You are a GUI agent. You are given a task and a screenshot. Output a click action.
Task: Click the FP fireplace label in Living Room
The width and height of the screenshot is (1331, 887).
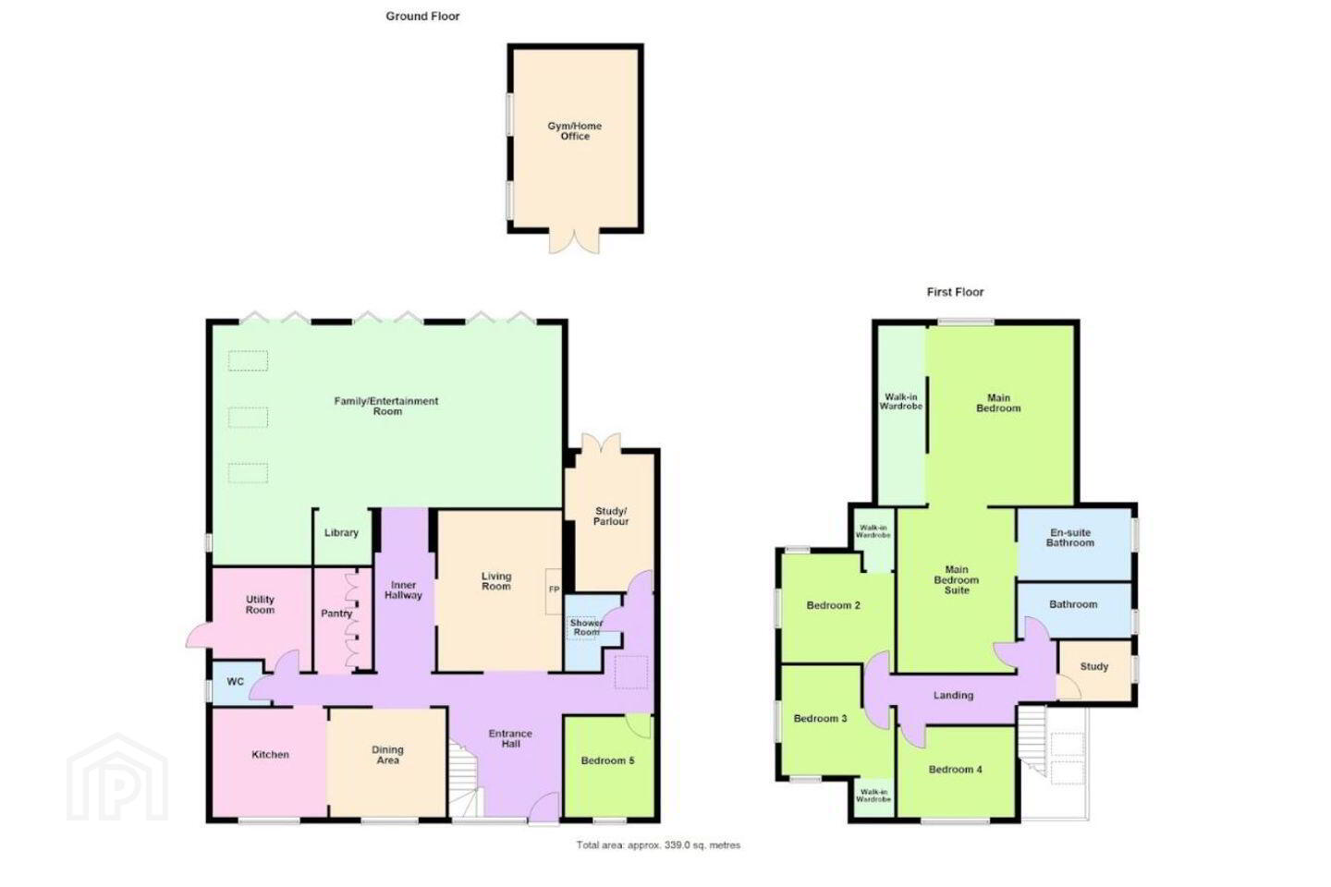tap(554, 589)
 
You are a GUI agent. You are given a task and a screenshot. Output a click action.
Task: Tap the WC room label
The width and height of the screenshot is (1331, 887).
tap(236, 682)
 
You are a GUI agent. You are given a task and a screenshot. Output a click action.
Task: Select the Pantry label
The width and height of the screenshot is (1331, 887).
tap(336, 614)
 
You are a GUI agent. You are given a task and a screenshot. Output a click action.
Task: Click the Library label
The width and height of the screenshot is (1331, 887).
tap(341, 532)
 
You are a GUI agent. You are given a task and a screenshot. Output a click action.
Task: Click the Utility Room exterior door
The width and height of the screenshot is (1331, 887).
tap(199, 635)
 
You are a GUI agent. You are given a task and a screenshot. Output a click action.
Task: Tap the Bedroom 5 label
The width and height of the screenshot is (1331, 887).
tap(607, 760)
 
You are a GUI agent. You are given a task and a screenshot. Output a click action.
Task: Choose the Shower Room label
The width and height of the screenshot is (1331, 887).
tap(586, 627)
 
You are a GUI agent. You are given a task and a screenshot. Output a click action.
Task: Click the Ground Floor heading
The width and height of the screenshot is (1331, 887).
tap(422, 17)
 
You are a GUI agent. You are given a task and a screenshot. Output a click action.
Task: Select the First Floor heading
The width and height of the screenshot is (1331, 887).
tap(955, 292)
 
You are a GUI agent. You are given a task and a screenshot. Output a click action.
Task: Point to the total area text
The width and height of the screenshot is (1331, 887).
tap(658, 844)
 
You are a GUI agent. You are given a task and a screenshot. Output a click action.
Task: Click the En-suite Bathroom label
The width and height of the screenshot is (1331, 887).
tap(1069, 538)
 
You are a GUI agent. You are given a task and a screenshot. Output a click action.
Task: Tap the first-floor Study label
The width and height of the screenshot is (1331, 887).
tap(1094, 666)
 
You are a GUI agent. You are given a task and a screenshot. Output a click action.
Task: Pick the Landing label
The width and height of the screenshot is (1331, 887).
tap(953, 695)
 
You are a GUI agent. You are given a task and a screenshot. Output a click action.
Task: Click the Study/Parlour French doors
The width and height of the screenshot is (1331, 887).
tap(601, 443)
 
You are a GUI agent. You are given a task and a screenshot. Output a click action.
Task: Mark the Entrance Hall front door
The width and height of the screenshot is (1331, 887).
tap(544, 808)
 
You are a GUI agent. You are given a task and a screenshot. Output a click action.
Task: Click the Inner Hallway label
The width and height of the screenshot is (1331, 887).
tap(403, 589)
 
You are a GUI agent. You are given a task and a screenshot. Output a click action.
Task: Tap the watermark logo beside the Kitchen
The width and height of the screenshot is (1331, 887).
tap(117, 777)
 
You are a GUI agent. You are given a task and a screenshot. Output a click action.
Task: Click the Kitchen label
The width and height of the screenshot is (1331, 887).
tap(270, 755)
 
